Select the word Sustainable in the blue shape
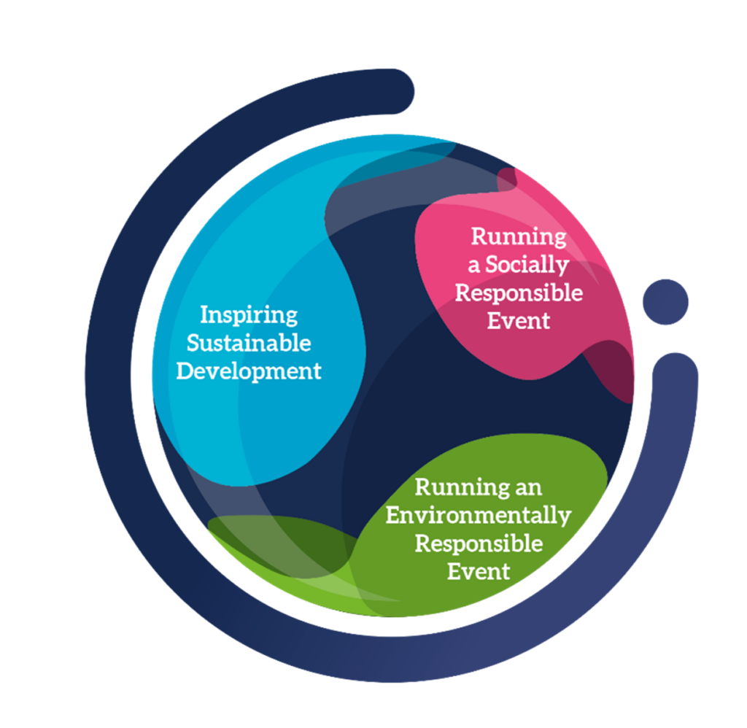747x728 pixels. [x=249, y=343]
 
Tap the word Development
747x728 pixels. [x=249, y=371]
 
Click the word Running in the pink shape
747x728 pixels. [x=518, y=236]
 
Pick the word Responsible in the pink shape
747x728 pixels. [x=519, y=293]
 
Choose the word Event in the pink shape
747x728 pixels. [x=518, y=320]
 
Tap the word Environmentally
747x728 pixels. [x=478, y=515]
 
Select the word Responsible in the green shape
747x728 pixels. [x=479, y=543]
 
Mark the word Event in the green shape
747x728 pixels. [x=479, y=570]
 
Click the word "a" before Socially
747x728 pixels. [x=474, y=266]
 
